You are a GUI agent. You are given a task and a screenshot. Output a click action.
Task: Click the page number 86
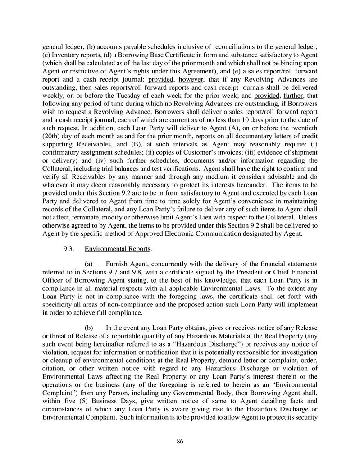pos(180,441)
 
